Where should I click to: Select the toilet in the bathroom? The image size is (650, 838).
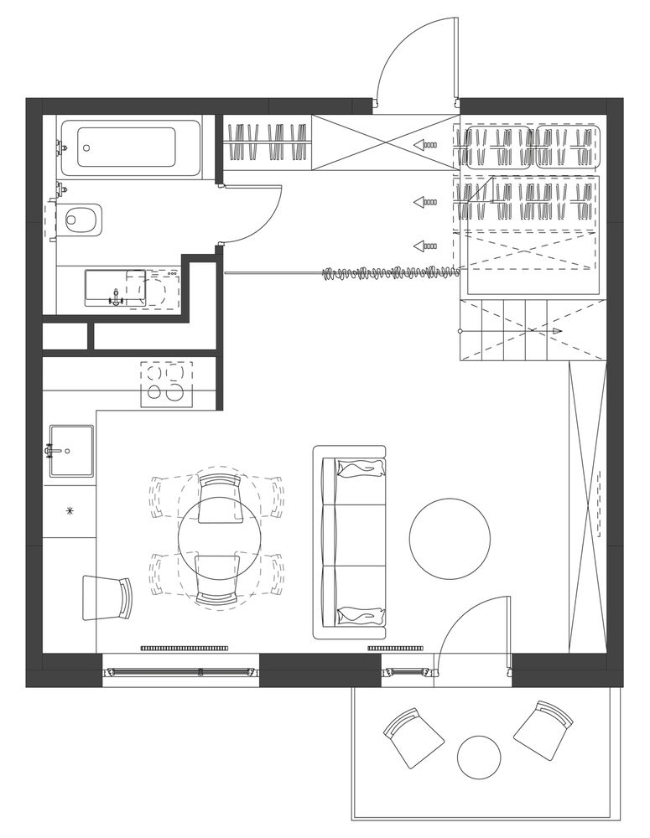81,220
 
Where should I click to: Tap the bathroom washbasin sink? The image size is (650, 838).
115,288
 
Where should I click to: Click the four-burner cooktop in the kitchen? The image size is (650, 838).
165,383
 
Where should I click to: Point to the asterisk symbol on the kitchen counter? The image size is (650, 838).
70,510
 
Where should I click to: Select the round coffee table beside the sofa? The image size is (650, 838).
450,538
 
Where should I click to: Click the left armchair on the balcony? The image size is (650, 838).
413,737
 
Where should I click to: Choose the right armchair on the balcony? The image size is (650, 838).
543,732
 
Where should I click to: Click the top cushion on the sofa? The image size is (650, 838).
361,468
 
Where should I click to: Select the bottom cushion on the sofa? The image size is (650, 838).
361,616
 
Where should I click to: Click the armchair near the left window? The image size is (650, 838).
107,598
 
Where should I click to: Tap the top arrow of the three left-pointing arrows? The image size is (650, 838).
426,144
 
